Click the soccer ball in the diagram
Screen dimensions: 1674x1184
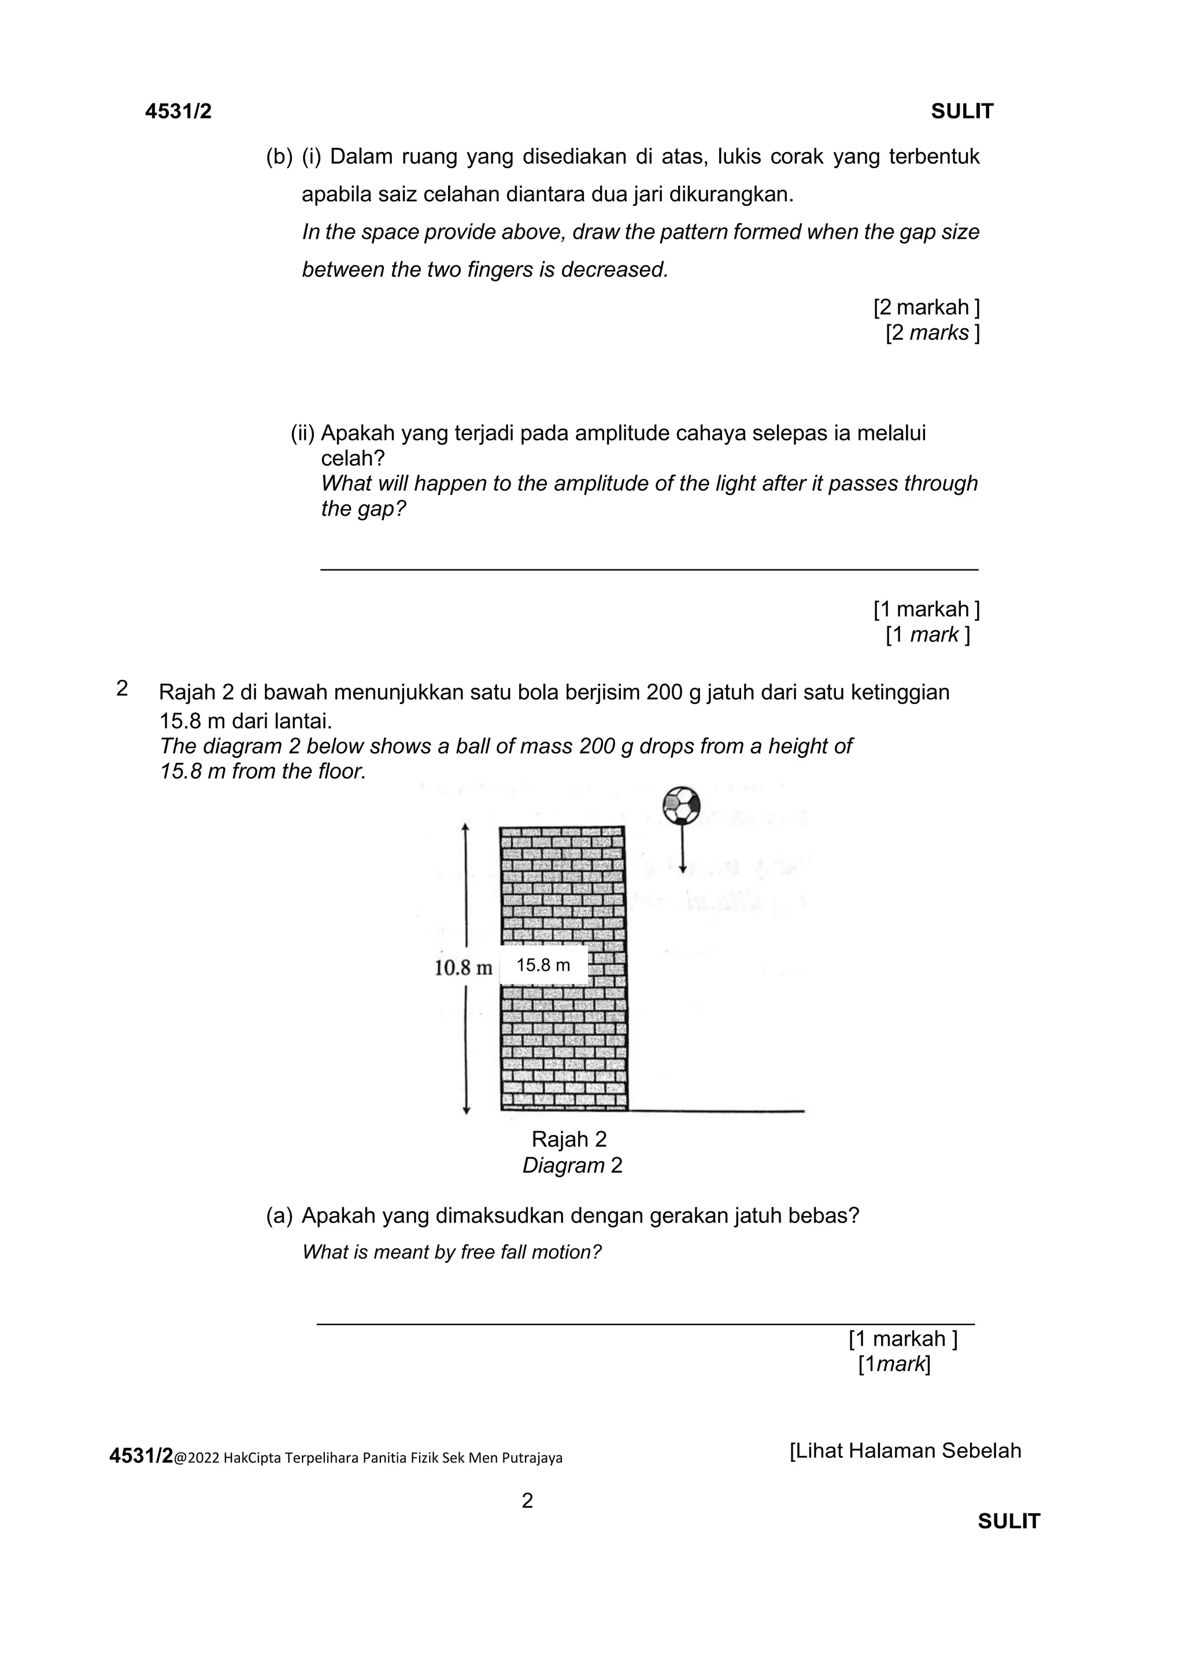pyautogui.click(x=682, y=805)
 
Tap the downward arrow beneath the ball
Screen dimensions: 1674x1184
pyautogui.click(x=682, y=849)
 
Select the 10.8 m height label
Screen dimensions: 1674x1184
pyautogui.click(x=464, y=968)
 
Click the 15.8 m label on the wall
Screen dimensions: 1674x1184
pyautogui.click(x=543, y=965)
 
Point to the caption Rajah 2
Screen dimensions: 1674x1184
pyautogui.click(x=569, y=1139)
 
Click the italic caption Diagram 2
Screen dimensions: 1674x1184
pyautogui.click(x=572, y=1165)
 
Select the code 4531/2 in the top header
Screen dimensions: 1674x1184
pyautogui.click(x=179, y=112)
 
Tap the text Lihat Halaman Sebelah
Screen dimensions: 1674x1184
pyautogui.click(x=905, y=1451)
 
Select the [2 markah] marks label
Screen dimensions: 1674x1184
pyautogui.click(x=926, y=307)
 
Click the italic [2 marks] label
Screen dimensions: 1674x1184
pyautogui.click(x=932, y=332)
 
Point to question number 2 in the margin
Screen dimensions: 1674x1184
pyautogui.click(x=122, y=688)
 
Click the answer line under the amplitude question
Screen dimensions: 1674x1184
pyautogui.click(x=649, y=569)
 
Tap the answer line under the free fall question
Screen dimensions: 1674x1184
pyautogui.click(x=645, y=1323)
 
